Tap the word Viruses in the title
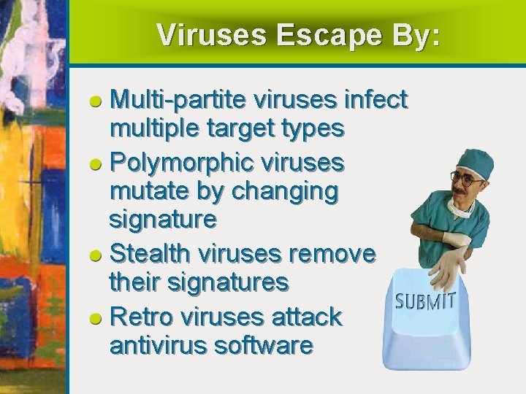coord(210,34)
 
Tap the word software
coord(264,344)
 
